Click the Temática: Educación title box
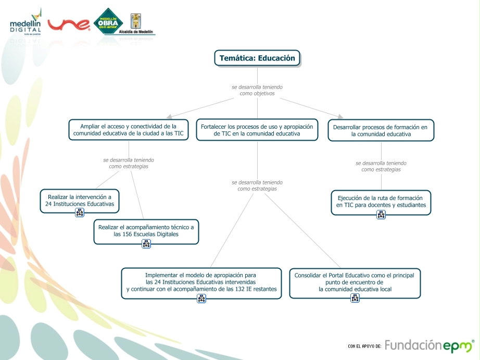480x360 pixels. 257,58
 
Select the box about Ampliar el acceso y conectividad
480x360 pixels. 128,130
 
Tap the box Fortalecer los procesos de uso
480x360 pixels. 257,130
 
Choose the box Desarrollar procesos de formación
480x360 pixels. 381,130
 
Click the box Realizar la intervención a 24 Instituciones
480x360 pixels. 80,201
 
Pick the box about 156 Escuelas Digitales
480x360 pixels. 146,231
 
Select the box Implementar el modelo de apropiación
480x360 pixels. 201,282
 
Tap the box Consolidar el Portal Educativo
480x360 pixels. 355,282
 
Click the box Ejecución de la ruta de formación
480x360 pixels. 381,202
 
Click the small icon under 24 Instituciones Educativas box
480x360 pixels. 80,213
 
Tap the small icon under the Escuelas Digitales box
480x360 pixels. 146,243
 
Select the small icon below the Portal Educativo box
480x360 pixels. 355,298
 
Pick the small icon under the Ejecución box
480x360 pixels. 381,215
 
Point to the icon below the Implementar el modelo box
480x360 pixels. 201,298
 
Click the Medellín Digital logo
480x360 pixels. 26,22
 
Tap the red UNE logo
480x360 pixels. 69,24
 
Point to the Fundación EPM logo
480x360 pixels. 429,345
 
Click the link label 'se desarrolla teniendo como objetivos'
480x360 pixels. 257,90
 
